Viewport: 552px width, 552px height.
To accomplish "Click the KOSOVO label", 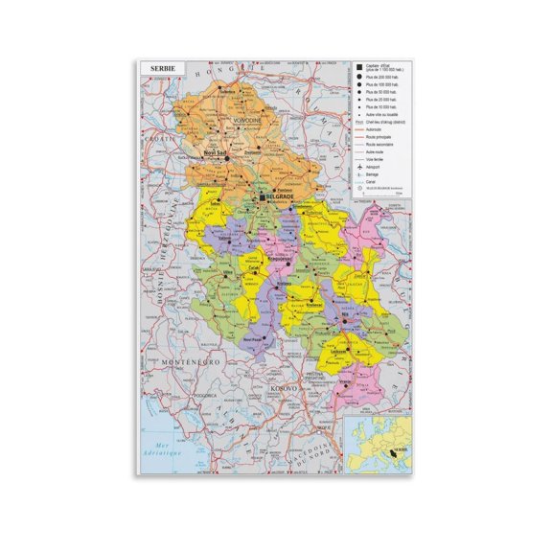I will coord(285,388).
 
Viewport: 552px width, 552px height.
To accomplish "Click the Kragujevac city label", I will coord(279,259).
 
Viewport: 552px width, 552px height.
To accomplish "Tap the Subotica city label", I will coord(227,92).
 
